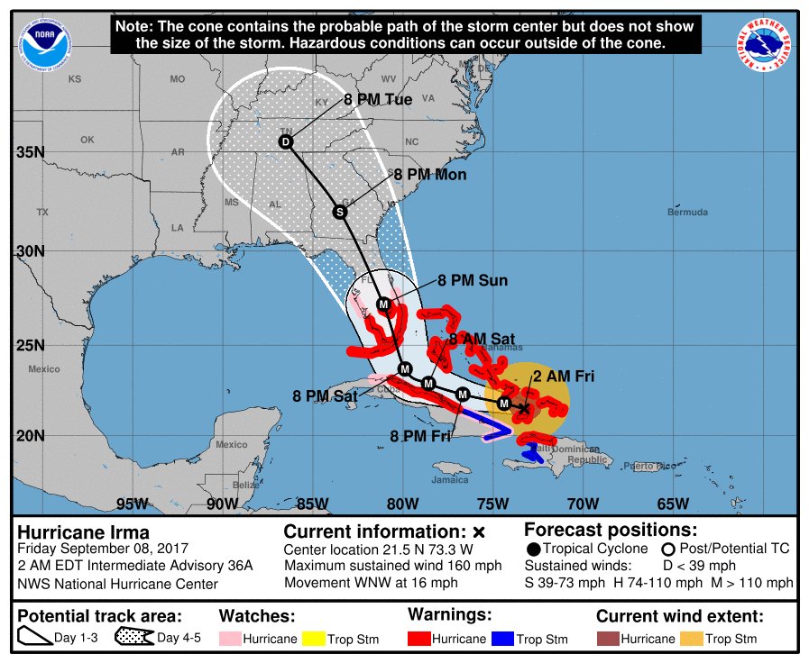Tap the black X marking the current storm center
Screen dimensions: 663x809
(x=524, y=408)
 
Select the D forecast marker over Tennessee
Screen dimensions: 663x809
(x=286, y=142)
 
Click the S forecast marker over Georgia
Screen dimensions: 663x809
(x=340, y=212)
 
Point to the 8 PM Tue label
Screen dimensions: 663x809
(x=378, y=100)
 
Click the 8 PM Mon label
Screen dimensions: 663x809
(x=430, y=175)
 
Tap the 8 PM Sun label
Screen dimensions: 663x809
(x=473, y=281)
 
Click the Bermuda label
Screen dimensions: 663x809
(x=687, y=213)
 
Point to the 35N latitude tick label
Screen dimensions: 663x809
(x=30, y=151)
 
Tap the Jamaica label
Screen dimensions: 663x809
(x=450, y=480)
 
